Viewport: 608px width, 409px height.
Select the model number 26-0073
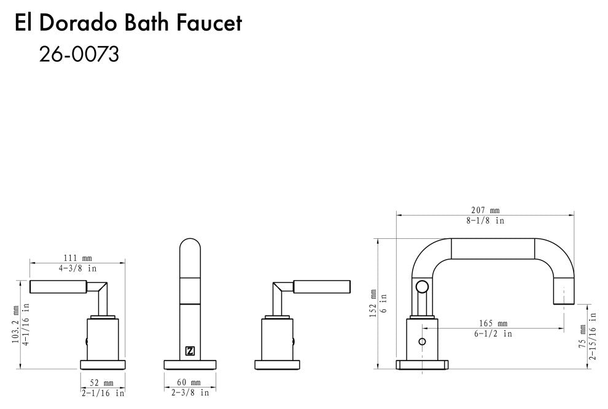point(79,55)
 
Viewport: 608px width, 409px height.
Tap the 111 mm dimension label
point(78,259)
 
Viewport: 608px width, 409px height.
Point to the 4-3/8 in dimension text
point(78,268)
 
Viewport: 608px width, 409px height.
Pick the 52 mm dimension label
point(102,382)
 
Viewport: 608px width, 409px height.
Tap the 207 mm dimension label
point(485,210)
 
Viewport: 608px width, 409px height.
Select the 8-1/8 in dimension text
point(485,220)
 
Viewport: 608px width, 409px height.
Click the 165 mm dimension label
point(493,324)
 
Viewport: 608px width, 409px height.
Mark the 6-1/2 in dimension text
point(493,333)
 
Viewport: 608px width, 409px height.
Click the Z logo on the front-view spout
point(190,351)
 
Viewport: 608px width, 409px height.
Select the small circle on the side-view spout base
point(422,341)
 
